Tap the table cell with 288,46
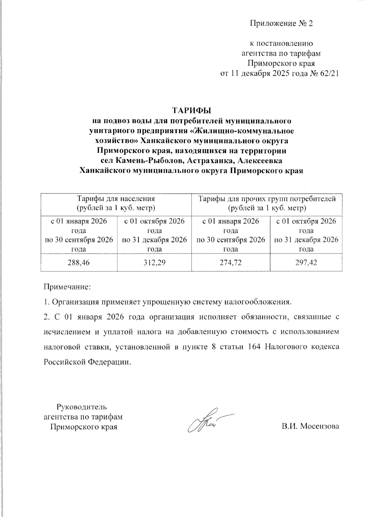[79, 262]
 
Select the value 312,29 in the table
[154, 262]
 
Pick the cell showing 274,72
[231, 262]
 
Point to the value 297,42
[306, 262]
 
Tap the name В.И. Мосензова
[310, 426]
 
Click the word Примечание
[67, 287]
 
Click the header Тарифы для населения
[116, 199]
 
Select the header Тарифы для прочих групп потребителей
[267, 199]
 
